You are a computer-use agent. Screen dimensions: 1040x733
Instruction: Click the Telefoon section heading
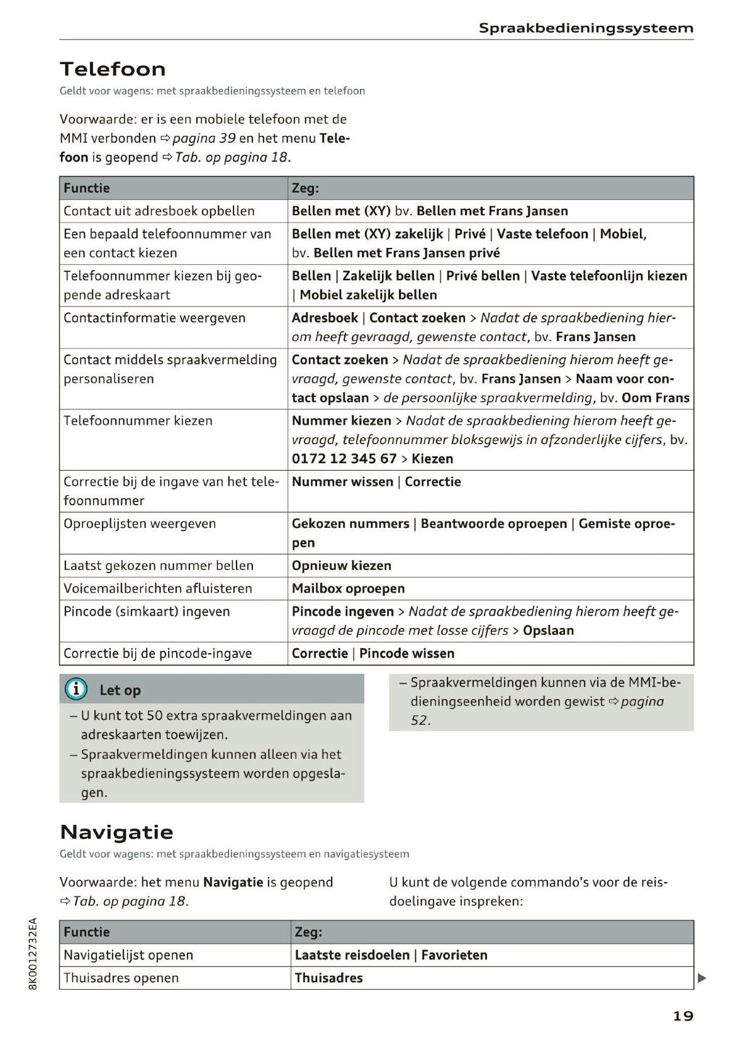click(113, 69)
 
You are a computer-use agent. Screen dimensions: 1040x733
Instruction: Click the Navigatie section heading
click(116, 832)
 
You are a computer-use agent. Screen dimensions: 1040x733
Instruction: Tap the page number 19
click(683, 1015)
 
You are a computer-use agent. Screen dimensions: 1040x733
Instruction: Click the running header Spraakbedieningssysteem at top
click(586, 28)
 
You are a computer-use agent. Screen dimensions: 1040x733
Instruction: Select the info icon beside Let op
click(76, 690)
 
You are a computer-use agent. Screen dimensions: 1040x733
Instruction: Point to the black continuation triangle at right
click(702, 978)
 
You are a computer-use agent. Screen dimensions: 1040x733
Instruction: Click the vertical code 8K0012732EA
click(33, 953)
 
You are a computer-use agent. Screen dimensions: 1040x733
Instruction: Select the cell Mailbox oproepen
click(348, 588)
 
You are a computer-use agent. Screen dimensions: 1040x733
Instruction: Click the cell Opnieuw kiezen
click(341, 566)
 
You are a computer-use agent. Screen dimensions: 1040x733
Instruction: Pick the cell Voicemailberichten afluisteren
click(157, 588)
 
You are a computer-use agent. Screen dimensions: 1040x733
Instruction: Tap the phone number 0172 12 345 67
click(344, 459)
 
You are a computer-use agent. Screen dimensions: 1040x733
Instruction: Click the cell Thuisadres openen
click(121, 978)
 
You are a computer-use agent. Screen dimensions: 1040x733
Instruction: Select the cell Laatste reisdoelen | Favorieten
click(391, 955)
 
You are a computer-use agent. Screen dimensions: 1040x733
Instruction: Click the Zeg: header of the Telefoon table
click(305, 188)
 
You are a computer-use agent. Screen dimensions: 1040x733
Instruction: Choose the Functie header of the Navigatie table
click(86, 932)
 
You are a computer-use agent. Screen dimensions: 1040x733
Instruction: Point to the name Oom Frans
click(655, 398)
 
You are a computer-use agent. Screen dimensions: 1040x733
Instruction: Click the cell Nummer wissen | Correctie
click(376, 482)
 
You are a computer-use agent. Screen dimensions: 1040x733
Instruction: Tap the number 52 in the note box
click(420, 720)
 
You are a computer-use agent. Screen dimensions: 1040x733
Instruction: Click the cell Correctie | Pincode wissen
click(372, 653)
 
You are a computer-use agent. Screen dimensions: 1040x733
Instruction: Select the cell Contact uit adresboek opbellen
click(159, 211)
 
